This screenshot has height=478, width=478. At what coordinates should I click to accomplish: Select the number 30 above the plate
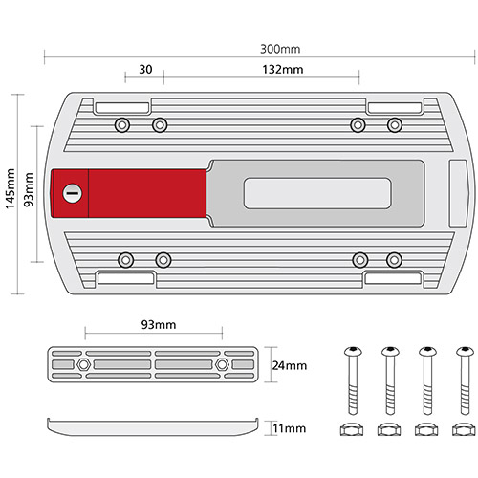pos(145,70)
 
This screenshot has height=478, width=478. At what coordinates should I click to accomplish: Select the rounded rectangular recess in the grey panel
pos(317,192)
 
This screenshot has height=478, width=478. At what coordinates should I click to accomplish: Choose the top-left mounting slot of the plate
pos(122,106)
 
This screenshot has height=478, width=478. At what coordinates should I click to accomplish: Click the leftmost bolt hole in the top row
pos(121,124)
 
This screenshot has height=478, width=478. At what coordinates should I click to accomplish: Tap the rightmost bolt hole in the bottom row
pos(393,259)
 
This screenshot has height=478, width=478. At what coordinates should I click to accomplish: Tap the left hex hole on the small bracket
pos(86,365)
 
